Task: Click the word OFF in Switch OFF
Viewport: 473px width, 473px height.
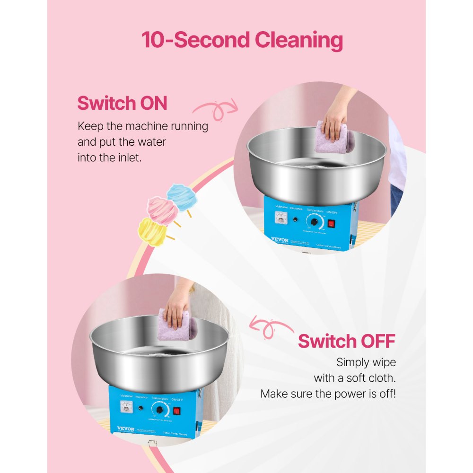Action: point(370,341)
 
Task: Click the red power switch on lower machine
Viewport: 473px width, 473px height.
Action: point(177,411)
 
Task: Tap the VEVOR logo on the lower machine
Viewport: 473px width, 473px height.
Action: point(123,429)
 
